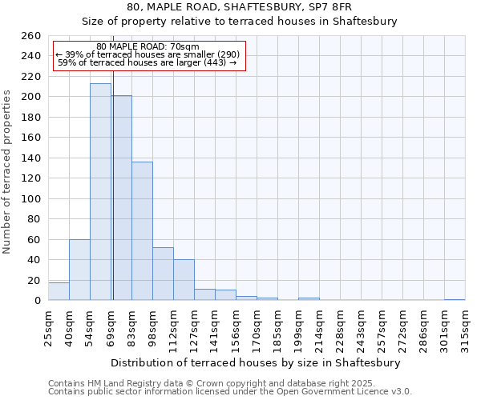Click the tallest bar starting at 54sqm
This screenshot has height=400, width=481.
[100, 192]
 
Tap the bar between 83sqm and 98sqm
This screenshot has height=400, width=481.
[142, 231]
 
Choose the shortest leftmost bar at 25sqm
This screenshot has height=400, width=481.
[59, 292]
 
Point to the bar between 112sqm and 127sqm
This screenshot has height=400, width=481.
[184, 280]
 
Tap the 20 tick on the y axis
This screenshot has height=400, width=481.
[34, 281]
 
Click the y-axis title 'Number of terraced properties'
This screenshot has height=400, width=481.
[7, 172]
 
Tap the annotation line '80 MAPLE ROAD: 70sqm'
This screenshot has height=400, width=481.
[148, 47]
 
